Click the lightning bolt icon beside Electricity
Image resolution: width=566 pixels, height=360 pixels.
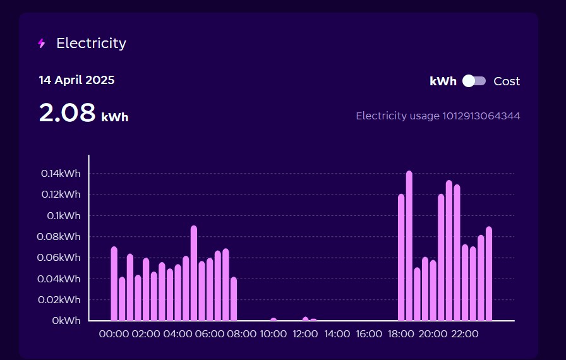point(42,44)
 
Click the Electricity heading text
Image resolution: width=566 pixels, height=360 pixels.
point(91,44)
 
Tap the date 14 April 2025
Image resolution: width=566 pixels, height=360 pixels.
point(76,80)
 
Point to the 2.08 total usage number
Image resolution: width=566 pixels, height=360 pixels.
point(66,113)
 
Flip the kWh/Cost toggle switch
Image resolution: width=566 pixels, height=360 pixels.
point(474,81)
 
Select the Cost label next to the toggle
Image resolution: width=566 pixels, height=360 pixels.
point(507,81)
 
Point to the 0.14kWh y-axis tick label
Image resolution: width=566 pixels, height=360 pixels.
point(61,174)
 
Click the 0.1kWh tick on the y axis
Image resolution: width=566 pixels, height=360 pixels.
point(64,216)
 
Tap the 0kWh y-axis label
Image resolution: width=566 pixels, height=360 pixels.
point(66,321)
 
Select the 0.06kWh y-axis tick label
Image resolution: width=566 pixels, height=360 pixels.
point(61,258)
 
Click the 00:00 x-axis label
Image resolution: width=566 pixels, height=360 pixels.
point(114,333)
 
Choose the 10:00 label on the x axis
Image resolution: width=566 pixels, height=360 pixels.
point(274,333)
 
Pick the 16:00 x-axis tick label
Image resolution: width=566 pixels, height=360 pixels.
point(370,333)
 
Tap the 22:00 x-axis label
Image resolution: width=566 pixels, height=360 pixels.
point(465,333)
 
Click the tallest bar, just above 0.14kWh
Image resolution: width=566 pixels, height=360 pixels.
point(409,246)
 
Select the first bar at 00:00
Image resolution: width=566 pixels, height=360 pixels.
point(114,284)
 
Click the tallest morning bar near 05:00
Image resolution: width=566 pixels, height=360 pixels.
point(194,273)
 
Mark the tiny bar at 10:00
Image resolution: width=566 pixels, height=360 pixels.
point(274,320)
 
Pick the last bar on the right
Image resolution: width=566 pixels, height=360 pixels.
point(489,274)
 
